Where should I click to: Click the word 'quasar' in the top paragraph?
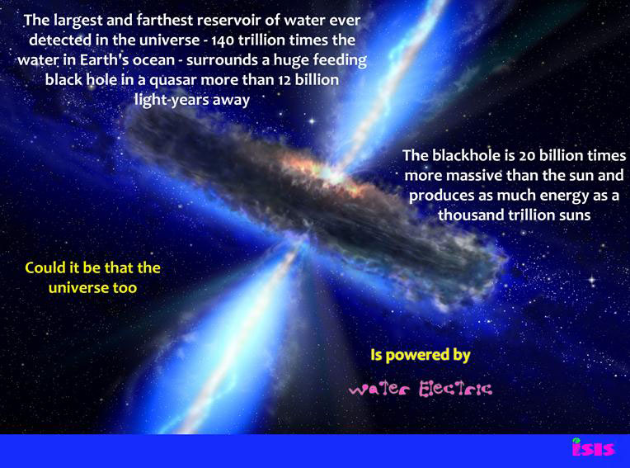click(x=173, y=80)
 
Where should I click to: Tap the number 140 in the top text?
click(x=223, y=40)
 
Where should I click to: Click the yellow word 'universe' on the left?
click(x=78, y=288)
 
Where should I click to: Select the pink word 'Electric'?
click(x=456, y=389)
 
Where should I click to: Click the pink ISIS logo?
click(x=594, y=447)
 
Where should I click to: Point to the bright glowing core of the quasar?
click(x=331, y=173)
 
